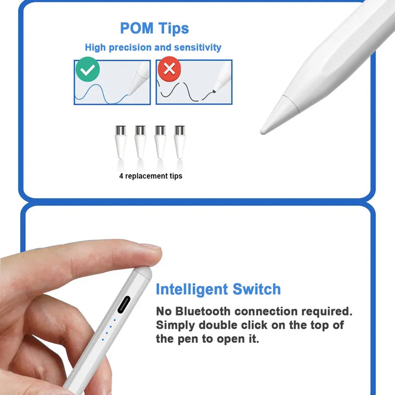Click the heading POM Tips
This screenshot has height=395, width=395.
coord(154,28)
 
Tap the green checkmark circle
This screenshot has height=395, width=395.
coord(88,69)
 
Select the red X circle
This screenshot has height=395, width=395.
coord(170,69)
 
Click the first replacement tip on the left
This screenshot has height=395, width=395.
coord(120,142)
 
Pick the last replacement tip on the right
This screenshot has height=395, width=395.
coord(179,142)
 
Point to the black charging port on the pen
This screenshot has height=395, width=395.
coord(124,304)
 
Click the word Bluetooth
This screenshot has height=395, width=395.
coord(203,312)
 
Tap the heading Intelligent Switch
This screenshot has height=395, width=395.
coord(218,289)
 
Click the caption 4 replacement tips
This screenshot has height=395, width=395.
coord(151,176)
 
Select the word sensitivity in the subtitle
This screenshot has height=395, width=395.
coord(198,47)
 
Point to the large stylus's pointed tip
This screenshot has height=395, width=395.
coord(263,132)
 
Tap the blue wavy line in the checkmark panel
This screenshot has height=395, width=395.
coord(102,94)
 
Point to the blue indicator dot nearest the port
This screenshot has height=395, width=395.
coord(115,320)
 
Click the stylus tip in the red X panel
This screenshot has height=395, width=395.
coord(214,91)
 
